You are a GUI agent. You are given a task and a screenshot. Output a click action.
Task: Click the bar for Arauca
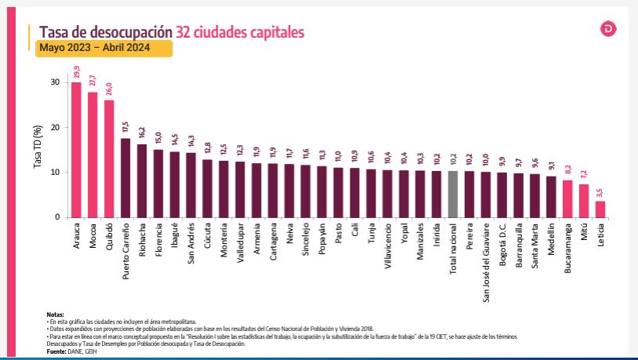click(76, 149)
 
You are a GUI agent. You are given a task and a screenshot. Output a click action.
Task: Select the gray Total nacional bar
click(452, 194)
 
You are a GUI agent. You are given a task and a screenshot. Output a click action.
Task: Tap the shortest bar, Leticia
click(600, 209)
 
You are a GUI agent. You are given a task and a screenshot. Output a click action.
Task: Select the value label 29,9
click(77, 74)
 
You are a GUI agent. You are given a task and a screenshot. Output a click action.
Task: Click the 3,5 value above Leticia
click(600, 192)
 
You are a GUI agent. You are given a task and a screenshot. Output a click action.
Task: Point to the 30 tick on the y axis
click(54, 82)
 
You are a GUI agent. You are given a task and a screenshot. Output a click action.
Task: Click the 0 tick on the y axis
click(56, 217)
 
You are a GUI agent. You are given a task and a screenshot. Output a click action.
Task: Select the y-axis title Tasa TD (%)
click(36, 149)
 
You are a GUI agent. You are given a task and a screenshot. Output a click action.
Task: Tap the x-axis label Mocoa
click(93, 237)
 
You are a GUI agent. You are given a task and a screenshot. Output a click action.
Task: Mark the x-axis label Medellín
click(552, 241)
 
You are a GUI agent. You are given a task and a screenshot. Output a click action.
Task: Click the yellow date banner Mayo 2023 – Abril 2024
click(105, 49)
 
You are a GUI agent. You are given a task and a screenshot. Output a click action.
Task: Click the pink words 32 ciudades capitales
click(241, 31)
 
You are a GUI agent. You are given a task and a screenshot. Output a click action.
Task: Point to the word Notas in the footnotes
click(55, 314)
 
